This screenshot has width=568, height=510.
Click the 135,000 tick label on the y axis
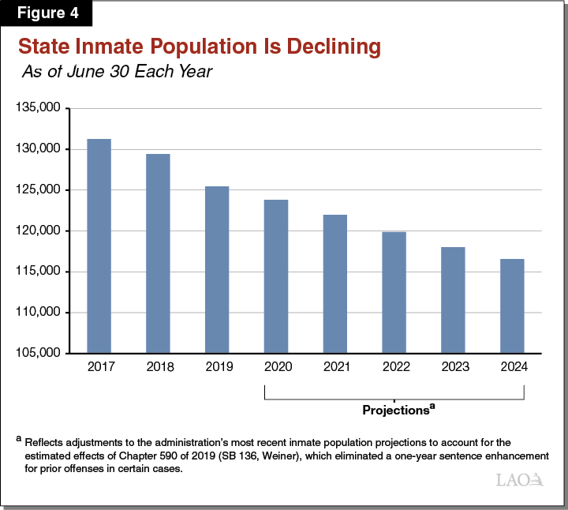click(39, 108)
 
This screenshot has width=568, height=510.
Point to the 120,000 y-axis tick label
click(39, 231)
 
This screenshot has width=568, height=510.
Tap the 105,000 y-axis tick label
click(39, 353)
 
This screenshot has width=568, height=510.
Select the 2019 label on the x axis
click(217, 367)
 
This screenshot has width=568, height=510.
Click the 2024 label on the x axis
click(512, 367)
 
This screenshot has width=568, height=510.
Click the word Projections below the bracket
click(394, 411)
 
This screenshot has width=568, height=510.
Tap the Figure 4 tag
click(47, 13)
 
